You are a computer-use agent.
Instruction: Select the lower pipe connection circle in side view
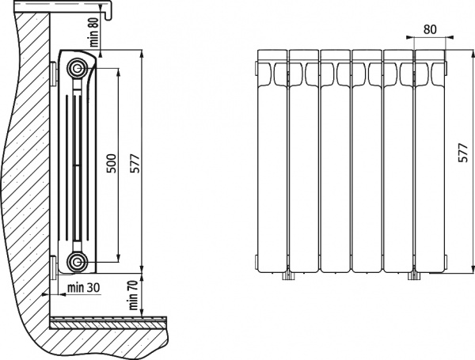pyautogui.click(x=77, y=261)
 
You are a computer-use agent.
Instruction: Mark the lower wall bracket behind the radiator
pyautogui.click(x=53, y=267)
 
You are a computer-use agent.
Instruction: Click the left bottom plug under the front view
pyautogui.click(x=288, y=275)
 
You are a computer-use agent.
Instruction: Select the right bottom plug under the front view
pyautogui.click(x=413, y=275)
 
